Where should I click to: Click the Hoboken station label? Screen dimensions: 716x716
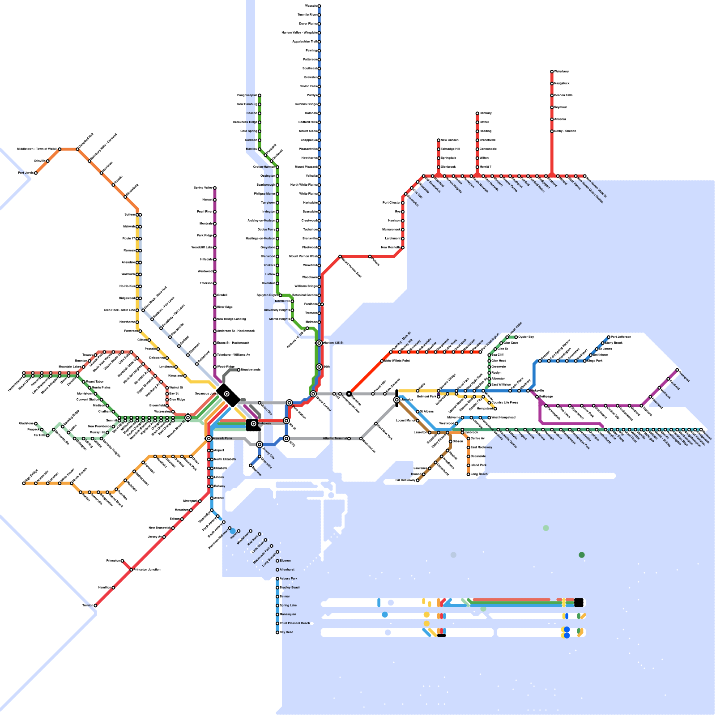[264, 423]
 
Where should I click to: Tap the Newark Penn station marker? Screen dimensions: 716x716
[209, 439]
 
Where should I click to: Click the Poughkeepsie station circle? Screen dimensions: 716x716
[260, 95]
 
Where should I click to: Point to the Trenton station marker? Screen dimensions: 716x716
[95, 605]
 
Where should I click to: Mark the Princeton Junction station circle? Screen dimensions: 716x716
[131, 570]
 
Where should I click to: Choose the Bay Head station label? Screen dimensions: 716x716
[286, 632]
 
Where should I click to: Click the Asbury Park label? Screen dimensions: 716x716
[288, 579]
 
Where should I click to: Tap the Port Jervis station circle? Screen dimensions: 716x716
[36, 173]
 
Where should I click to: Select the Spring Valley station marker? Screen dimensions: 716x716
[215, 188]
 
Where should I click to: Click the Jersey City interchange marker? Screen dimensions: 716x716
[260, 444]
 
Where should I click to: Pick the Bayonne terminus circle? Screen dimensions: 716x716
[251, 465]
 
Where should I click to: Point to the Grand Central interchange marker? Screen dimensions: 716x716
[313, 394]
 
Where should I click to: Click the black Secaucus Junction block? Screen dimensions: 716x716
[227, 394]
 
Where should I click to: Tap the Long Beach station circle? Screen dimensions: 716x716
[469, 474]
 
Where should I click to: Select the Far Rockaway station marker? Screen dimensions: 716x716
[418, 480]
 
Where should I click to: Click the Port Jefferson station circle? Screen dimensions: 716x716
[609, 337]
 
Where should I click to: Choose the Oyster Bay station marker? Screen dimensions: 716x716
[516, 337]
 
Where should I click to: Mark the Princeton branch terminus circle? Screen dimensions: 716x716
[122, 561]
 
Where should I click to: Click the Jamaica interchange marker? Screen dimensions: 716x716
[396, 400]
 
